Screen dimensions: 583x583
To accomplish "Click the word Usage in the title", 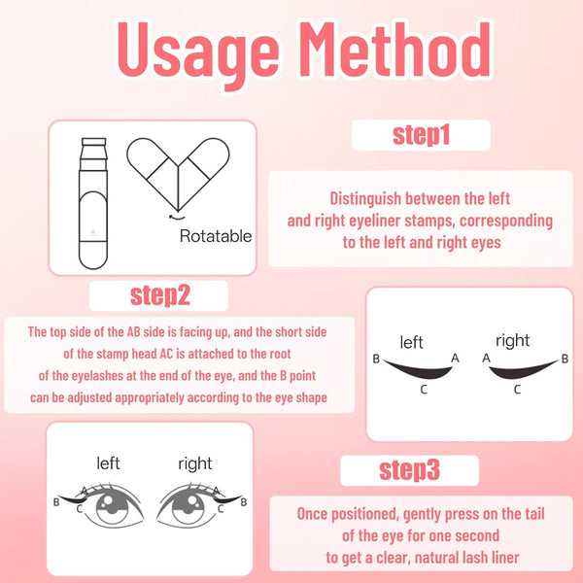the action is pyautogui.click(x=198, y=53).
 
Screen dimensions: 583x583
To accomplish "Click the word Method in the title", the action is pyautogui.click(x=397, y=50).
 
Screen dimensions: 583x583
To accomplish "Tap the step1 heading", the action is pyautogui.click(x=421, y=135).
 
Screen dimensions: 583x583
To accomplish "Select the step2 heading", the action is pyautogui.click(x=160, y=296).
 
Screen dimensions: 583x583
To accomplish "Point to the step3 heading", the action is pyautogui.click(x=409, y=470).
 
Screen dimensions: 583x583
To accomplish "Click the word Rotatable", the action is pyautogui.click(x=216, y=236).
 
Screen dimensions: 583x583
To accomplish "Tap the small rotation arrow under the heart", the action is pyautogui.click(x=176, y=217).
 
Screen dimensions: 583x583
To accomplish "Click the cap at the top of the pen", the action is pyautogui.click(x=93, y=142).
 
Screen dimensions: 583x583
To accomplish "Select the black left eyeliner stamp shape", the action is pyautogui.click(x=418, y=370).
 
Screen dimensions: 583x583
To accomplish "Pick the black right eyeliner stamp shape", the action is pyautogui.click(x=524, y=370).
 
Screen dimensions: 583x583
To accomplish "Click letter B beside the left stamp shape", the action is pyautogui.click(x=376, y=359).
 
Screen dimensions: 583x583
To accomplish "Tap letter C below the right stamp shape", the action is pyautogui.click(x=517, y=390).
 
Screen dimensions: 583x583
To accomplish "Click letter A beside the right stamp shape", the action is pyautogui.click(x=486, y=358).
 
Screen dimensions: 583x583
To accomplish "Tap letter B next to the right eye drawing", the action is pyautogui.click(x=244, y=502).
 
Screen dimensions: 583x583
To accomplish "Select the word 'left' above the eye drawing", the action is pyautogui.click(x=108, y=463).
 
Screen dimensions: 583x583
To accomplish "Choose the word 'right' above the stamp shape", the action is pyautogui.click(x=513, y=341).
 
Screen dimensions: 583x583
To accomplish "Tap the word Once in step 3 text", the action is pyautogui.click(x=312, y=514).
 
